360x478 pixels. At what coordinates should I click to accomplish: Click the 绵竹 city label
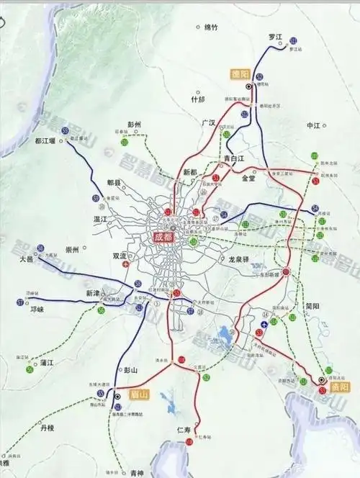pos(210,27)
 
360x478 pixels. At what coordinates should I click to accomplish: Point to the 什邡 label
pos(197,99)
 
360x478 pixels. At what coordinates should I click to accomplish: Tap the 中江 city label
pos(312,125)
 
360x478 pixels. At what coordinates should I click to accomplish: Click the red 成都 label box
pos(164,236)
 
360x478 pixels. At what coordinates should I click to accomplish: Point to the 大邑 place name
pos(27,257)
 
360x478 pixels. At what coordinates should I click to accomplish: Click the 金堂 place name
pos(249,177)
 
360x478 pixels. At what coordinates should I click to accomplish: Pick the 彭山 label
pos(130,370)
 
